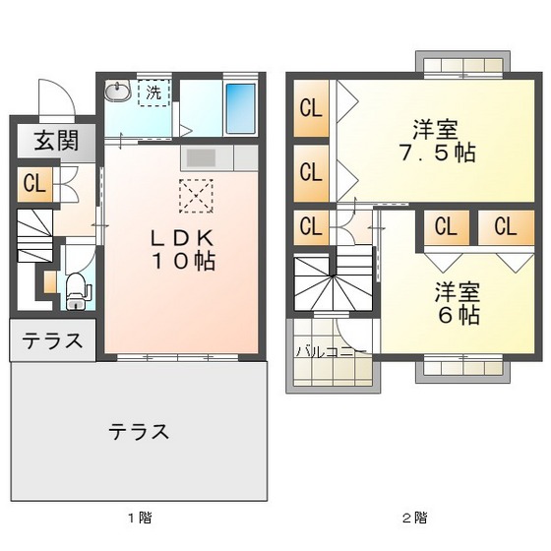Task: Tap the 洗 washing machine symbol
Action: click(x=154, y=94)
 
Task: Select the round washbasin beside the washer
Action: click(x=119, y=93)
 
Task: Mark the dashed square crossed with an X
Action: click(x=196, y=197)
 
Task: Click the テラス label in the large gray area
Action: click(x=139, y=431)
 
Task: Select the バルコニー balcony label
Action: click(x=331, y=350)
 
